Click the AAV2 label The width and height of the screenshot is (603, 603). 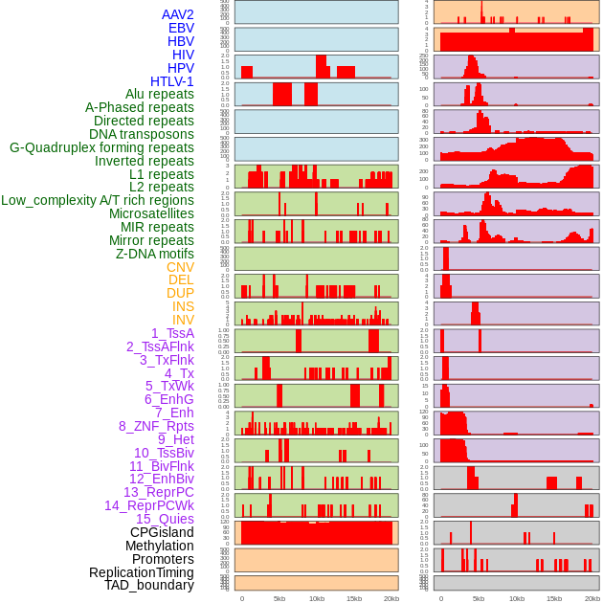177,14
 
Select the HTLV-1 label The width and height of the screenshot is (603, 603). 171,81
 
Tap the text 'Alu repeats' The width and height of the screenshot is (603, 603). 159,94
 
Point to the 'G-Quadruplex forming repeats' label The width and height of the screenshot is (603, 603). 101,147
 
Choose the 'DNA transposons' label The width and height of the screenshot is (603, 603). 142,134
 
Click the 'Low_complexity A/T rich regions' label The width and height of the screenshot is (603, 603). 98,200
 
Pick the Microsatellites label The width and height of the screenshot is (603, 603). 151,213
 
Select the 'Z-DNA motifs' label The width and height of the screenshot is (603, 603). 154,254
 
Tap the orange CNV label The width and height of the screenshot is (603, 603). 180,267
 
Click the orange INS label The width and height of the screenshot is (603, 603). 183,306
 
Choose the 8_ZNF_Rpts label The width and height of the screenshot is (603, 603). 156,426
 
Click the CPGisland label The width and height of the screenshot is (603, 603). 162,532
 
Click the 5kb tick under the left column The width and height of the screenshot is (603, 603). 279,598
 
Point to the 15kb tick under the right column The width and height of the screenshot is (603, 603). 553,598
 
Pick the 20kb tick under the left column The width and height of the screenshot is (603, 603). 391,598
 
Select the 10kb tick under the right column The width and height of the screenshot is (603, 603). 516,598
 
